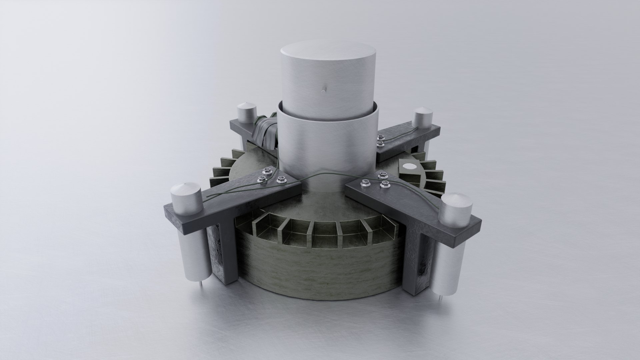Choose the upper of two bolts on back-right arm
click(x=380, y=137)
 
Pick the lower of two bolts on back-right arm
click(x=379, y=143)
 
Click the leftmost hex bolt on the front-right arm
click(x=365, y=182)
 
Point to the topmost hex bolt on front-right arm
click(x=382, y=175)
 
